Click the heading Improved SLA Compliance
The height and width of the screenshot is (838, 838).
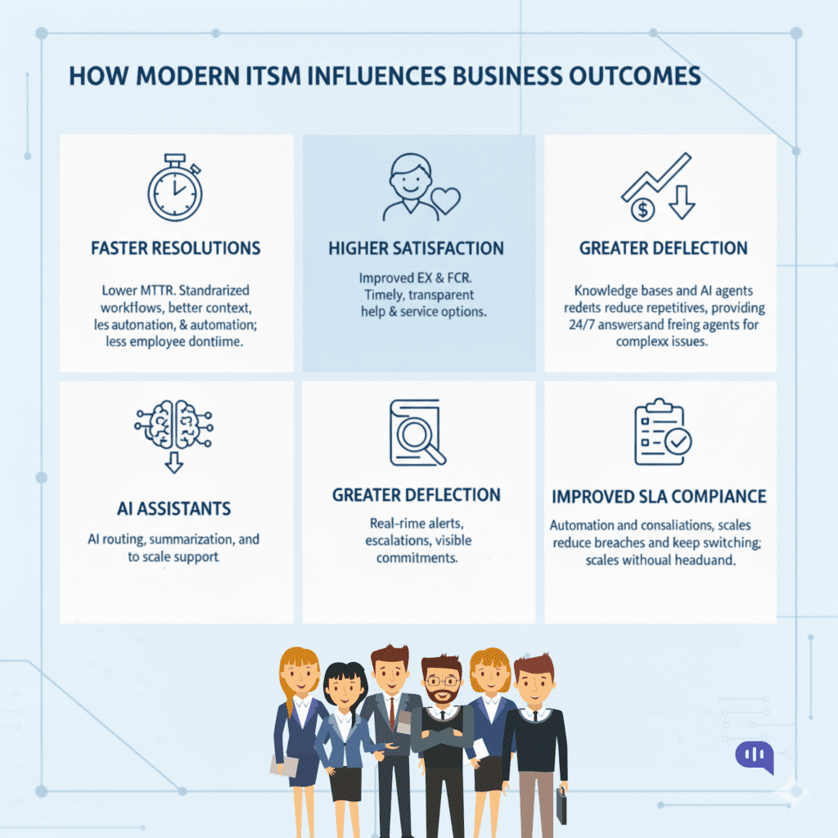point(659,497)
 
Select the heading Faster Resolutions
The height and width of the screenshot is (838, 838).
point(175,248)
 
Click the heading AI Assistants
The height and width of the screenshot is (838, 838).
point(173,508)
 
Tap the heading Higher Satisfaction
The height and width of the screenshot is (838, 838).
point(417,248)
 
